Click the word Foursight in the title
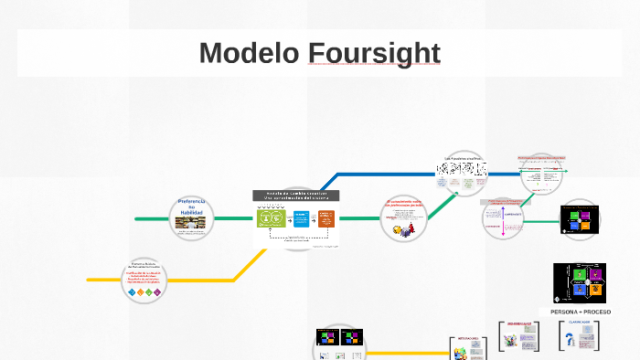pos(374,53)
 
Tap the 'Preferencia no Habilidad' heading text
pos(192,206)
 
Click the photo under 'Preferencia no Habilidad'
pos(192,222)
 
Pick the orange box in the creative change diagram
pos(325,218)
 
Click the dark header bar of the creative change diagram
pos(295,195)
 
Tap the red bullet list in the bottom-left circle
pos(144,277)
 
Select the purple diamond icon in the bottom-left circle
pos(157,292)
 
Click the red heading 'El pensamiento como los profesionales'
pos(402,204)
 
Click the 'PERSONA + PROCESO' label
pos(580,312)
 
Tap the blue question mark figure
pos(571,340)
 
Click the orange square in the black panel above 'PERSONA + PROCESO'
pos(595,290)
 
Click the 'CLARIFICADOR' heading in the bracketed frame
pos(580,323)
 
